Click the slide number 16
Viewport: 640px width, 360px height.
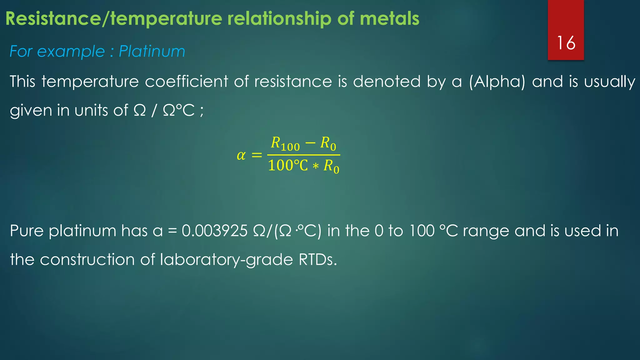pos(566,43)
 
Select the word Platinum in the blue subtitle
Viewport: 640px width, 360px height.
pos(152,51)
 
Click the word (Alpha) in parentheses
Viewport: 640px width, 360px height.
pos(497,82)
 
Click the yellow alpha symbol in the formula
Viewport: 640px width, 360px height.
pos(241,155)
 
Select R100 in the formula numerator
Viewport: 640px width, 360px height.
pos(285,144)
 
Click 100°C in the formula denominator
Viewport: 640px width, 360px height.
pos(288,166)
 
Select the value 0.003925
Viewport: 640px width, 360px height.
pos(215,231)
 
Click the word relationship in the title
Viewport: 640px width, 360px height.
pos(279,19)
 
